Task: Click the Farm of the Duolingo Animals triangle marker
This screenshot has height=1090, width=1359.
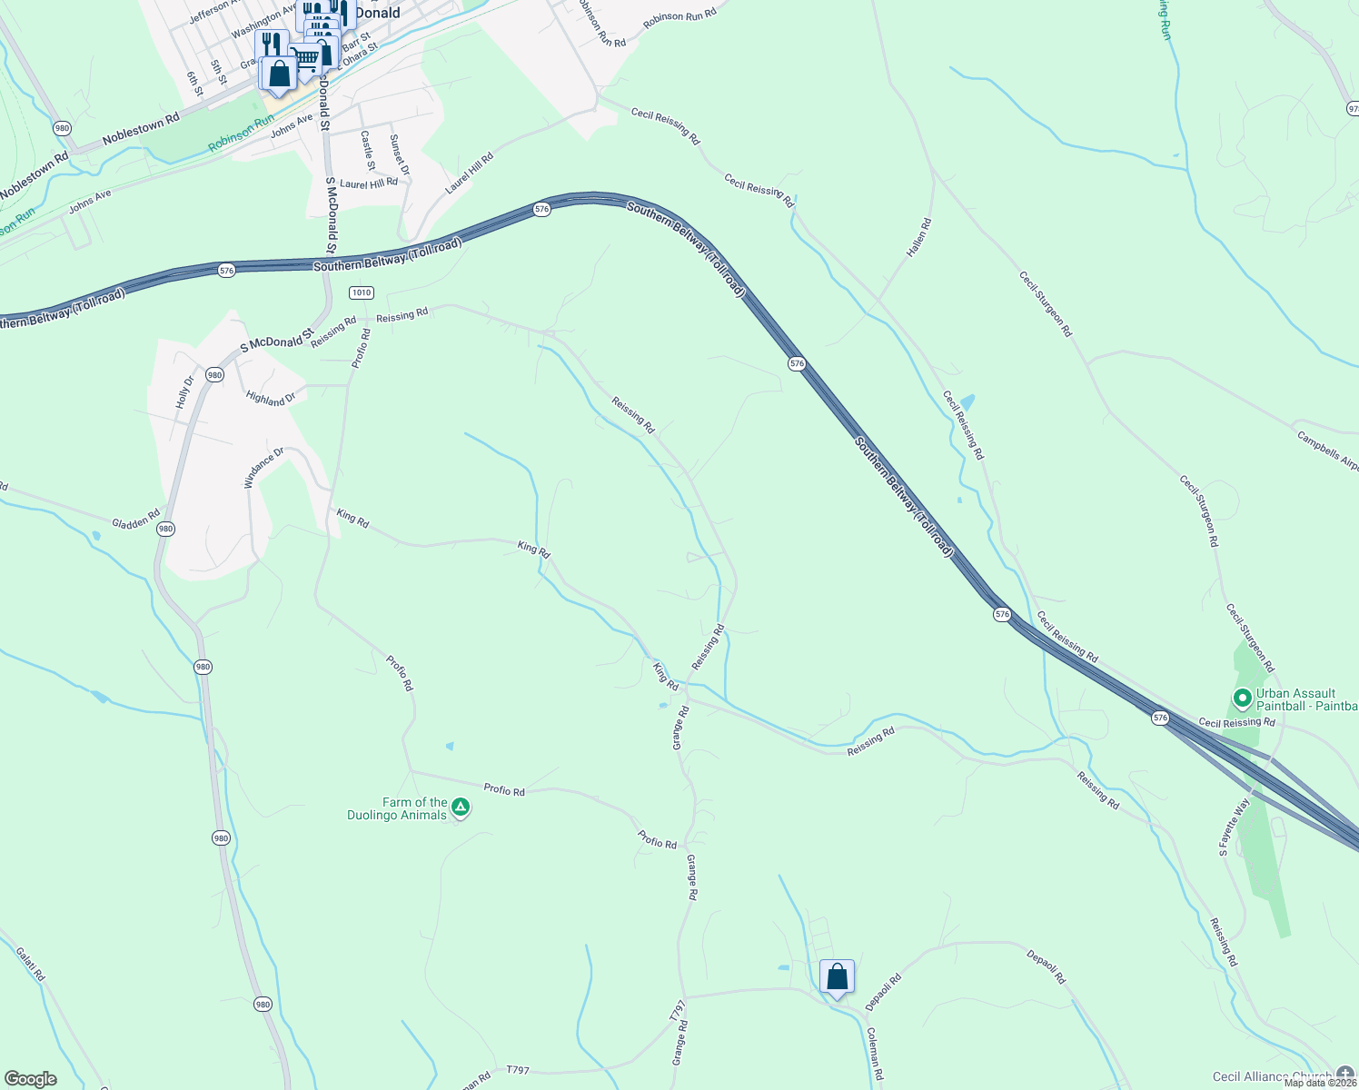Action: pos(461,807)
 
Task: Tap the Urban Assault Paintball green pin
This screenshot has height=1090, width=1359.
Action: pos(1242,699)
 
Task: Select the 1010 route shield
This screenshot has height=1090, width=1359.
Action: pos(362,292)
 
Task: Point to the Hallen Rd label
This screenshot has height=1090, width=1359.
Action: pos(919,236)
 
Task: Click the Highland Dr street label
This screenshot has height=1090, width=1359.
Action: pos(271,398)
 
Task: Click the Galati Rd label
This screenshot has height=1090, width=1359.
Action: pos(30,964)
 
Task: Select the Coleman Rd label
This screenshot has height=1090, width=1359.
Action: pos(874,1054)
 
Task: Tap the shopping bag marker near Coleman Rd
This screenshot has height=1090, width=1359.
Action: pos(837,977)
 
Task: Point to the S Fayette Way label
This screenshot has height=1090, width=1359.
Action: pos(1235,827)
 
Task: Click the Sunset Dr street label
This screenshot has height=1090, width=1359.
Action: pos(399,154)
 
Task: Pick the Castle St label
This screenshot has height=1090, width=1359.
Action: pos(368,151)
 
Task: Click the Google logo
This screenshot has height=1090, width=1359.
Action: pos(31,1079)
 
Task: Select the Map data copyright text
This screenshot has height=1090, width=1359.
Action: pos(1320,1082)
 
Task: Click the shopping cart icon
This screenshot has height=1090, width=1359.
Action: pos(306,58)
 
